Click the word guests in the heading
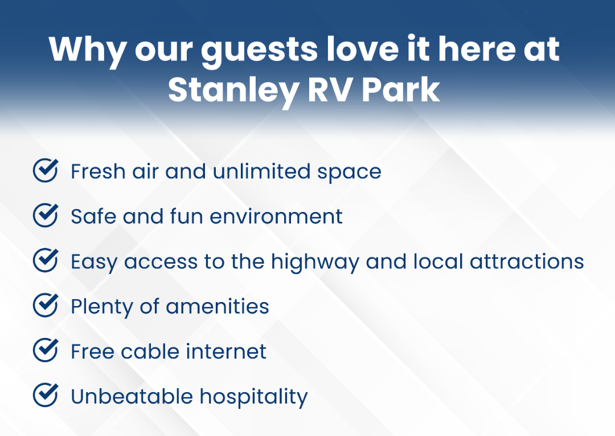(x=260, y=50)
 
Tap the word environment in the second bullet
(x=276, y=217)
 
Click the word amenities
(x=218, y=307)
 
